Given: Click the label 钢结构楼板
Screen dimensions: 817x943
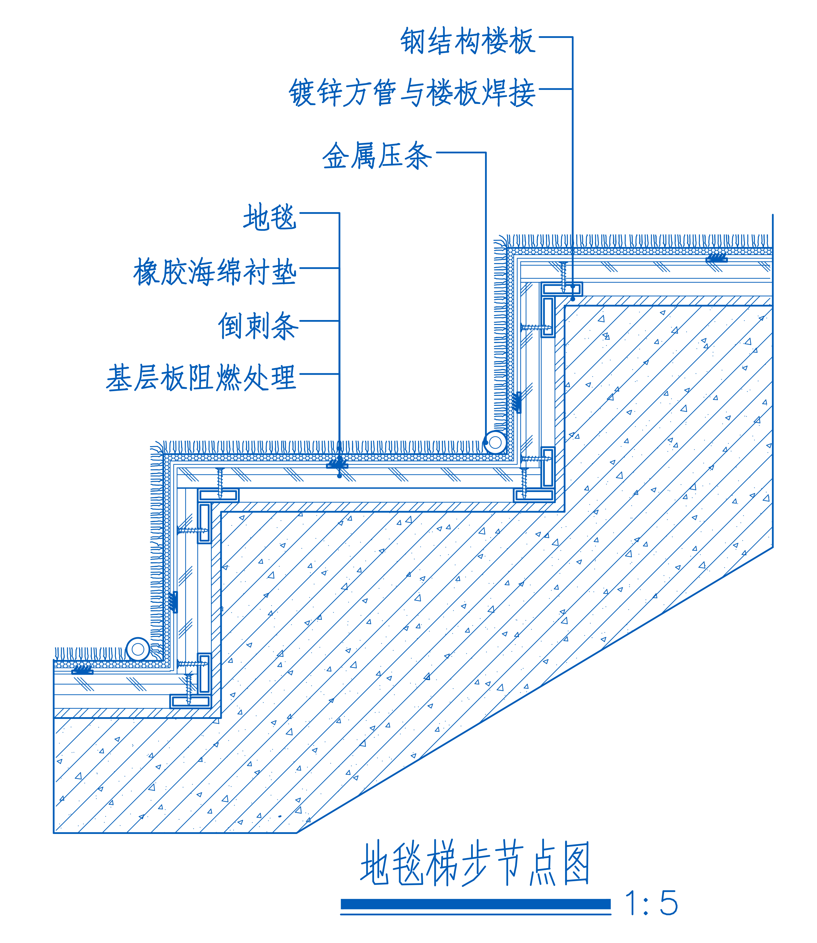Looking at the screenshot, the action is (x=468, y=41).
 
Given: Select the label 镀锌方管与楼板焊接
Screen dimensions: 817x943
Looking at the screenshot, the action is (x=412, y=93).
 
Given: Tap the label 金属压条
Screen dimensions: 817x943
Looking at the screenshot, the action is (x=377, y=155).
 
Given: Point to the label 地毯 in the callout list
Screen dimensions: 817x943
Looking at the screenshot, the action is (x=270, y=217).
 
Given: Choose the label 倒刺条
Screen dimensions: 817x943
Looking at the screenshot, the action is (x=258, y=326).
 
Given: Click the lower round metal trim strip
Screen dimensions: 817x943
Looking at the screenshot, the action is (x=138, y=649).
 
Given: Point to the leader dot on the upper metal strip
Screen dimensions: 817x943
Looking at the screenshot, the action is (x=486, y=443).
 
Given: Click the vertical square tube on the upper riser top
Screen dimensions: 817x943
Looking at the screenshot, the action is (x=548, y=316).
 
